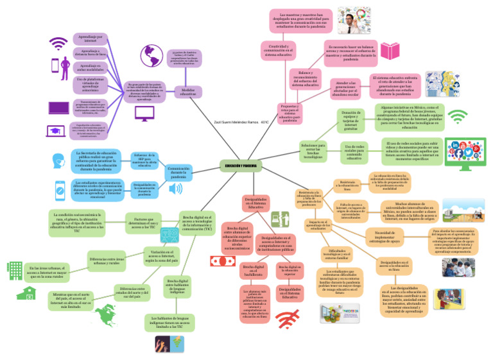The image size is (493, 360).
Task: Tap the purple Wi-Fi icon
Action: click(x=59, y=44)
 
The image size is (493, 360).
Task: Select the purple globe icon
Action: click(x=152, y=55)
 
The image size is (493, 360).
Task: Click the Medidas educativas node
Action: click(x=187, y=92)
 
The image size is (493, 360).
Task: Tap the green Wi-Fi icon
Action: click(x=457, y=117)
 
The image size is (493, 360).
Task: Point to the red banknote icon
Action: click(x=220, y=261)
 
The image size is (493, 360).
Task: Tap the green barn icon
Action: click(x=26, y=293)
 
